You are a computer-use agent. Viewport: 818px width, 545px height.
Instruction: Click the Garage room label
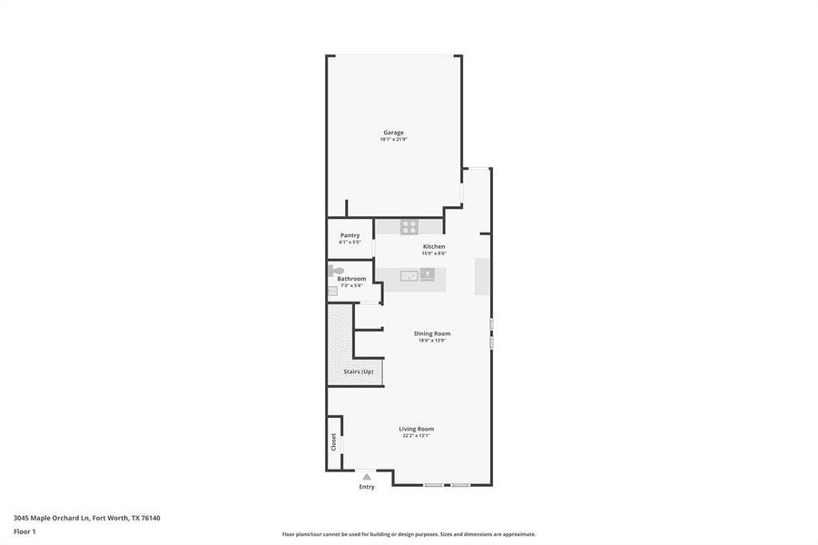(393, 133)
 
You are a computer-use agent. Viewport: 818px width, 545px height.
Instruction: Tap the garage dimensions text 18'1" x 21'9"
(393, 140)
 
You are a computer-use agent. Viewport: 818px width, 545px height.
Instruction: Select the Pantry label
(350, 235)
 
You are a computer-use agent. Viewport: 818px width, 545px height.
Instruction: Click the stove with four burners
(409, 227)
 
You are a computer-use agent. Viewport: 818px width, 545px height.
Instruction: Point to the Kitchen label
(433, 247)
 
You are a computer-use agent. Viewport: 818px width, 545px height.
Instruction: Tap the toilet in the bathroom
(336, 271)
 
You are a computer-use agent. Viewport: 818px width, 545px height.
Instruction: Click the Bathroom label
(351, 279)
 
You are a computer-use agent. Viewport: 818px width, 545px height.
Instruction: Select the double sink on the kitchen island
(409, 275)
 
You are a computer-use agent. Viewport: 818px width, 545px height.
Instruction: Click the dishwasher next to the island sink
(428, 274)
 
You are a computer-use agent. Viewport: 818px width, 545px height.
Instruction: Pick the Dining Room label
(434, 333)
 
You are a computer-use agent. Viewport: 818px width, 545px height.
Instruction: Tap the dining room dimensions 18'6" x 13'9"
(434, 341)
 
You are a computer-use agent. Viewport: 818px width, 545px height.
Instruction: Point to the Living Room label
(416, 429)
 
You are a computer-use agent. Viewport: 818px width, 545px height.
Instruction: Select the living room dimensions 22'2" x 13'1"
(416, 436)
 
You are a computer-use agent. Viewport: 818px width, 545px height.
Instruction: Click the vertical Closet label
(333, 442)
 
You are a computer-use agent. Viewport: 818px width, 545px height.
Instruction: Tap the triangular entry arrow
(366, 476)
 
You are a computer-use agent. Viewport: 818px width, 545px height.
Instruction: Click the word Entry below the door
(366, 487)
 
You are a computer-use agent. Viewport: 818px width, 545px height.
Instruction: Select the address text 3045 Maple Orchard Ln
(52, 518)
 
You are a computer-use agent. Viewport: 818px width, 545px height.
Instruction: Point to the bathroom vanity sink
(332, 291)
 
